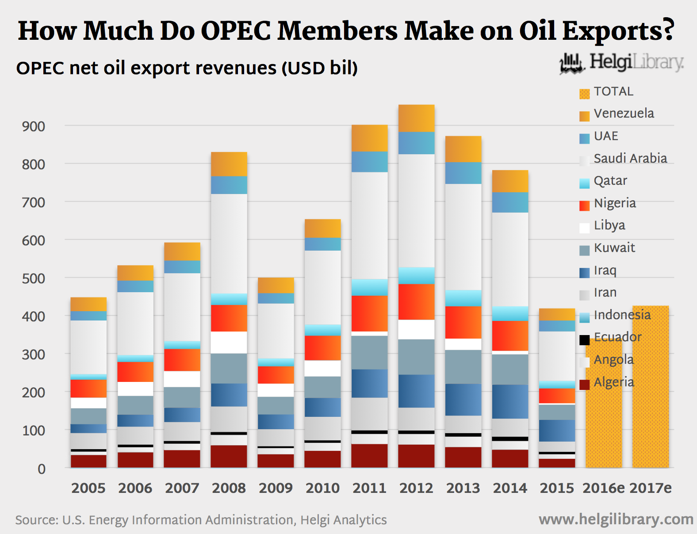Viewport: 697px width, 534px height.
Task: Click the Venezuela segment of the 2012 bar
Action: [x=416, y=118]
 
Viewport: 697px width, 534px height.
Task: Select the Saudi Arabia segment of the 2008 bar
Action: [x=229, y=243]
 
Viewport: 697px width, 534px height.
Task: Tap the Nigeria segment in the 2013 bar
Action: [x=463, y=322]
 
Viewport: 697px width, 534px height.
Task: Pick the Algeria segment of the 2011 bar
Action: [x=369, y=456]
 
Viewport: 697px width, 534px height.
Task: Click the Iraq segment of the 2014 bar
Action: [x=510, y=401]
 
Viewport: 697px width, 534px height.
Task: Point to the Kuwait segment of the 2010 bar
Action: [x=322, y=387]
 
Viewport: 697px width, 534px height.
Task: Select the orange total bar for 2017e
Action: [x=650, y=387]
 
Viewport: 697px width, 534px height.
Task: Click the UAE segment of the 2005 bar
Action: [x=88, y=316]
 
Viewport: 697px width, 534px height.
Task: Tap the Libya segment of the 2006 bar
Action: [x=135, y=389]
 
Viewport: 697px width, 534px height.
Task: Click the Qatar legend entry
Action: [x=610, y=181]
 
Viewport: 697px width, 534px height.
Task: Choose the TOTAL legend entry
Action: [x=613, y=92]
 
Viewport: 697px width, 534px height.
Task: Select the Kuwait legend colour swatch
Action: [x=584, y=251]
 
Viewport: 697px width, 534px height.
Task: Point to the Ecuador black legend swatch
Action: [x=584, y=340]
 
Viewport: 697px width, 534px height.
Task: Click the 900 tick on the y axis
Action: [x=34, y=126]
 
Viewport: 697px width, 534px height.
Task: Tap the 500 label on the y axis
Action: [x=34, y=278]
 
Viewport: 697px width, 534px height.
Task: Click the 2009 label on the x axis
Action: [x=276, y=488]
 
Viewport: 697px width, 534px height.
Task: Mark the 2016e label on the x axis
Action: [x=603, y=488]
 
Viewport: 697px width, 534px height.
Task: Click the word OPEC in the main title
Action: [x=236, y=31]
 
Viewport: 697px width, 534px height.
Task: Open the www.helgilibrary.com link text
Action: [x=616, y=519]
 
